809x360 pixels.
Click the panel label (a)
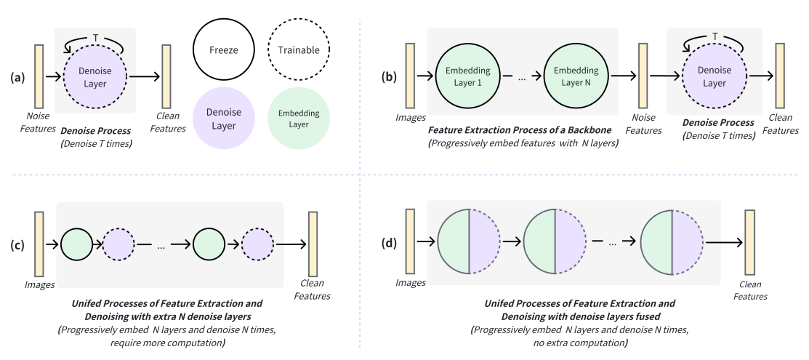17,78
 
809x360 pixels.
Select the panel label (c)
17,245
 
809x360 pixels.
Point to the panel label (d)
389,242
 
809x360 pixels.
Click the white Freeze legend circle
223,50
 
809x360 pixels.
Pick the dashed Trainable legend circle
299,50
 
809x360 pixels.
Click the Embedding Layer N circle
576,76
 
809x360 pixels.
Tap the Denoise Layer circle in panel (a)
95,77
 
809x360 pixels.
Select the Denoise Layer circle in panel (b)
714,76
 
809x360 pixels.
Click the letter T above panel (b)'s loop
715,36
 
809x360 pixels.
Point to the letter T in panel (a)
95,38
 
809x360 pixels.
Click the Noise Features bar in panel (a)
39,76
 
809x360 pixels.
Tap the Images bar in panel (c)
39,244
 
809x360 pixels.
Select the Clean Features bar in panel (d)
749,242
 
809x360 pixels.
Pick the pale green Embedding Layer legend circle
299,119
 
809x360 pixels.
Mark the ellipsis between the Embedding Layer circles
522,78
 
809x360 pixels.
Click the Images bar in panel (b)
410,76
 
